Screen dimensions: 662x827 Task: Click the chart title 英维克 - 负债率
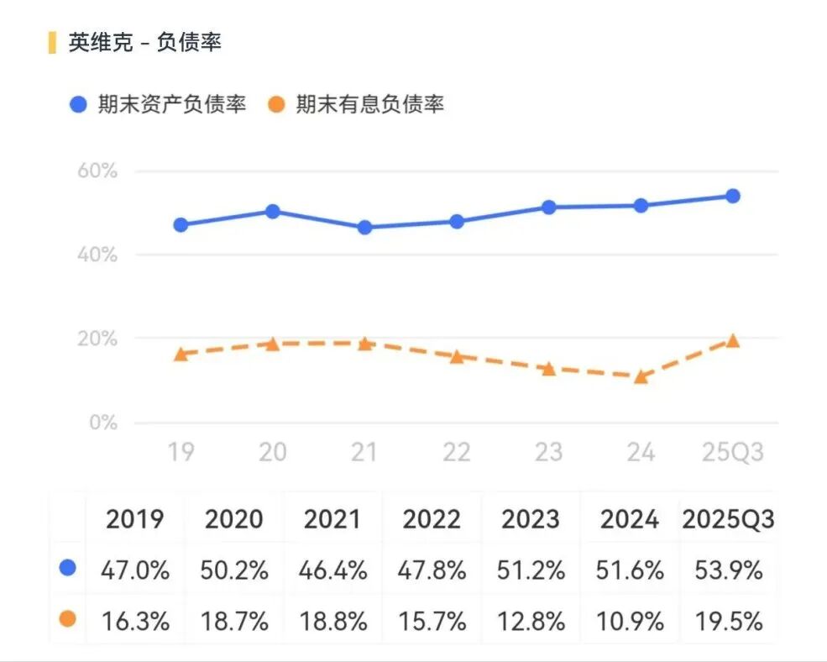click(144, 42)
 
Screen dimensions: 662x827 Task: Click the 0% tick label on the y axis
click(103, 423)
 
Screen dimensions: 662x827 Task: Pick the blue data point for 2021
click(364, 228)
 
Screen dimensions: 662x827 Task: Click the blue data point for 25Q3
click(732, 196)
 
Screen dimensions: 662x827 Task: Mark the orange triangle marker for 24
click(641, 377)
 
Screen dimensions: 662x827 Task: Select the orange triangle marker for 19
click(181, 355)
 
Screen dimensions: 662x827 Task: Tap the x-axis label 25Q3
click(732, 453)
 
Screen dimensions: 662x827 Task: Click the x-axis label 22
click(456, 453)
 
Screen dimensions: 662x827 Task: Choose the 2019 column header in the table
click(135, 519)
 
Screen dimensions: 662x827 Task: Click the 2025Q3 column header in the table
click(728, 519)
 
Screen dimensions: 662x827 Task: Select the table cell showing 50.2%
click(234, 570)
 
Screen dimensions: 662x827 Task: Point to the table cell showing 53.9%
click(728, 570)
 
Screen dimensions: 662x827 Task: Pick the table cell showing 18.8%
click(332, 621)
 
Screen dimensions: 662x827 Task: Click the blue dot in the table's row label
click(68, 569)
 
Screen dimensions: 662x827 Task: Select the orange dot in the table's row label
click(68, 619)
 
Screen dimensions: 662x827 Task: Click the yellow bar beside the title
click(52, 42)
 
